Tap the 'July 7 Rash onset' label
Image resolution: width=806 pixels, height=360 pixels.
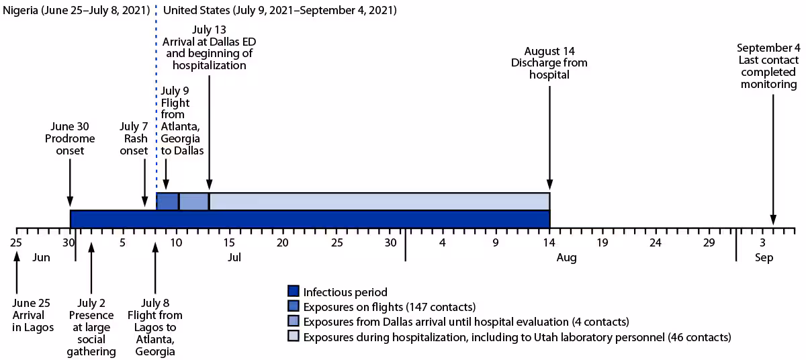pyautogui.click(x=134, y=138)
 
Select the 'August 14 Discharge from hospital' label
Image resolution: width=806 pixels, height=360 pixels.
pyautogui.click(x=549, y=62)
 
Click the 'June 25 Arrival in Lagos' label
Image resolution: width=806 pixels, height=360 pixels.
pyautogui.click(x=32, y=314)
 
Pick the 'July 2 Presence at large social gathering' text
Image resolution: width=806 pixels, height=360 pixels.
pyautogui.click(x=92, y=327)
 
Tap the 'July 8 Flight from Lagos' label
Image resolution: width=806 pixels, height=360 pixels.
pyautogui.click(x=156, y=327)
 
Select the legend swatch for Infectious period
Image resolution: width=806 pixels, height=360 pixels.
pyautogui.click(x=293, y=291)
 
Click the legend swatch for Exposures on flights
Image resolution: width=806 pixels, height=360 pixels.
pyautogui.click(x=293, y=306)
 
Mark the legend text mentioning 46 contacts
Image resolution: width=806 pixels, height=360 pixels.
pyautogui.click(x=517, y=336)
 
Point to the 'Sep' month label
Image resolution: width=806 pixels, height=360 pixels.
pyautogui.click(x=764, y=257)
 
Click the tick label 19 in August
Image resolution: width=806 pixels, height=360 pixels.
pyautogui.click(x=602, y=242)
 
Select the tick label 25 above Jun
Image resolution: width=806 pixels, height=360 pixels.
pyautogui.click(x=16, y=242)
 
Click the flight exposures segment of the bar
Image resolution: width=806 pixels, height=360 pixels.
pyautogui.click(x=167, y=201)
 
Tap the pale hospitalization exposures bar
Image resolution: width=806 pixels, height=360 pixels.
pyautogui.click(x=379, y=201)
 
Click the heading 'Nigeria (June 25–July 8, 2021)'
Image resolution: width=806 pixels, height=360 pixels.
pyautogui.click(x=75, y=11)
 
